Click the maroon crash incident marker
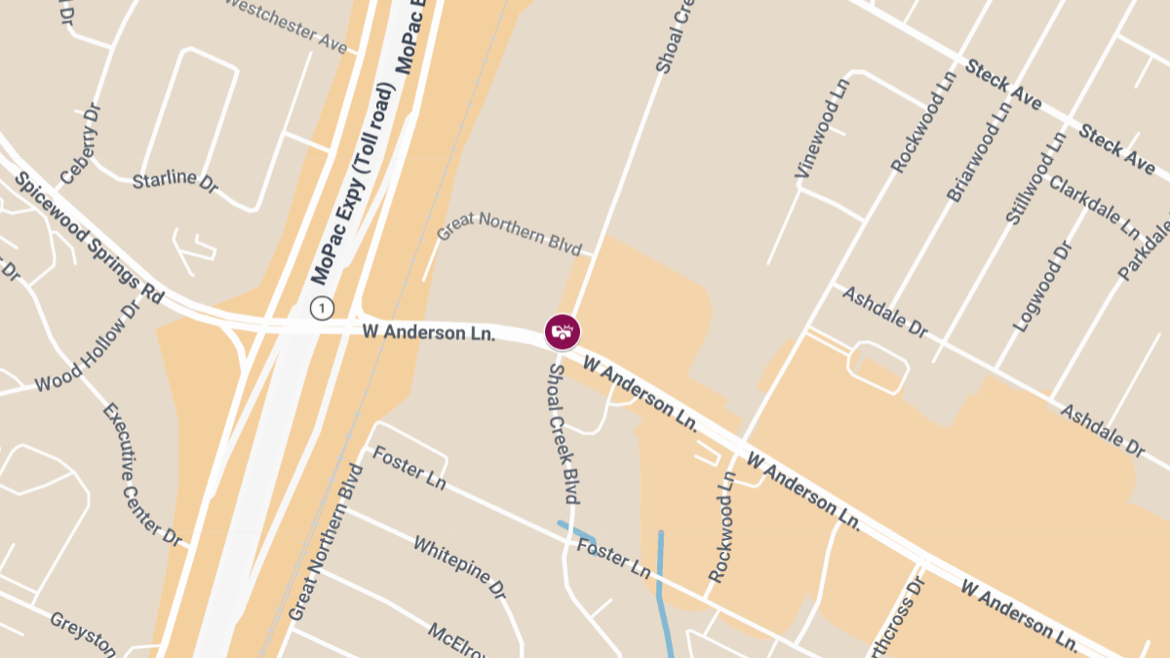[563, 331]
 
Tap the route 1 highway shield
[322, 308]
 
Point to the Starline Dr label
[175, 181]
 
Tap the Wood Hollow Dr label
[88, 348]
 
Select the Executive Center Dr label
[141, 474]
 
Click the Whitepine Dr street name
[459, 566]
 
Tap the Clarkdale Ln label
[1093, 207]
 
